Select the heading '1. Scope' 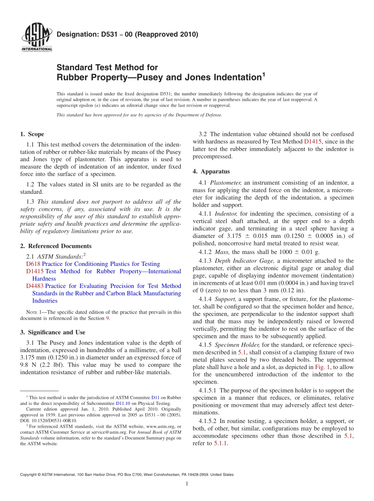pos(32,134)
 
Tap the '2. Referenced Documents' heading pos(56,246)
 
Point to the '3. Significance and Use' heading pos(52,332)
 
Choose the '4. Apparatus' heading pos(211,171)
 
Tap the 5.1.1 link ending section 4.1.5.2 pos(220,443)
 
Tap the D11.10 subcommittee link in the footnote pos(122,403)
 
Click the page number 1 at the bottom pos(187,484)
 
